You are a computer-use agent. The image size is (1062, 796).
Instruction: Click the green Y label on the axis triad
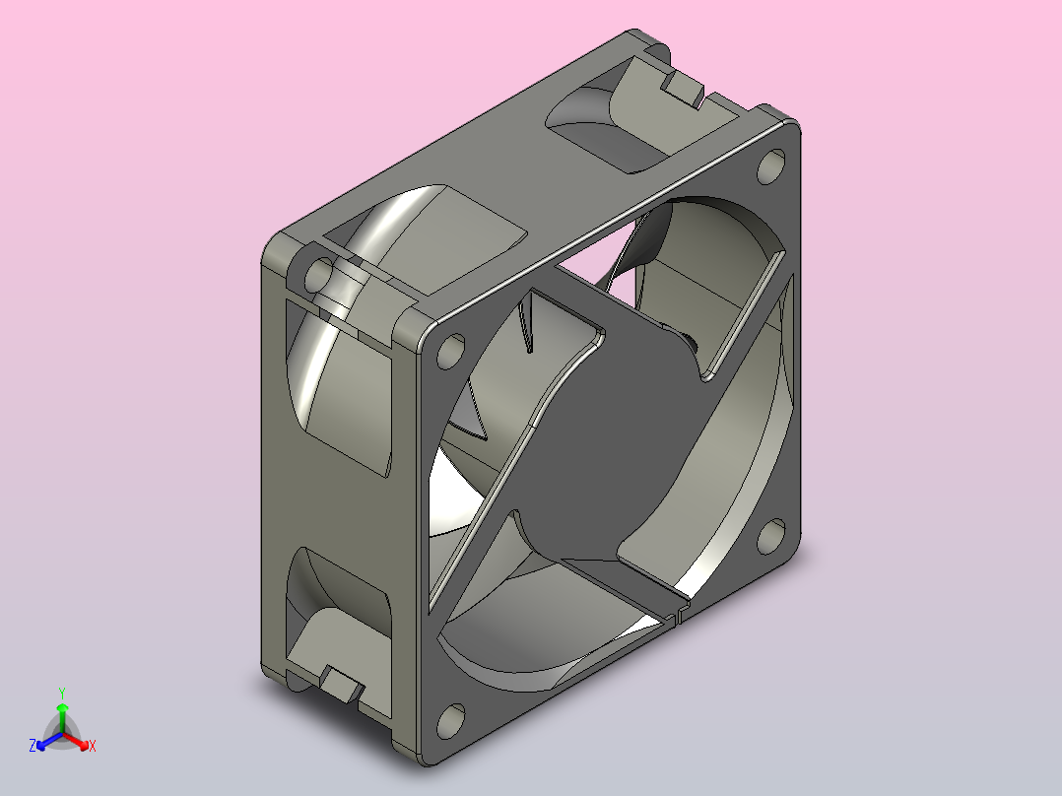pos(62,693)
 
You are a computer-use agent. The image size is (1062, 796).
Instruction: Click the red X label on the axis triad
pos(93,746)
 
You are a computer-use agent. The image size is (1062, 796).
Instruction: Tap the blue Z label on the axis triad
pos(33,746)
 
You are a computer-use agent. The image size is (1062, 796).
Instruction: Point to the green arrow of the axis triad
pos(62,717)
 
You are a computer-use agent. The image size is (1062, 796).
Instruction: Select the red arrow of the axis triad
pos(76,741)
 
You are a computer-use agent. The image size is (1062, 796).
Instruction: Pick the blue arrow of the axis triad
pos(49,741)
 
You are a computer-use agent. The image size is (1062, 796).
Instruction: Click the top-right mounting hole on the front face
pos(770,166)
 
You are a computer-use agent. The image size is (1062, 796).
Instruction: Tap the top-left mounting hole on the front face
pos(450,351)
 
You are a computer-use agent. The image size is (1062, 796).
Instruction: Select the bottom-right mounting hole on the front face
pos(770,536)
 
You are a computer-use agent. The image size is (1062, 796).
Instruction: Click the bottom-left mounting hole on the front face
pos(450,721)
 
